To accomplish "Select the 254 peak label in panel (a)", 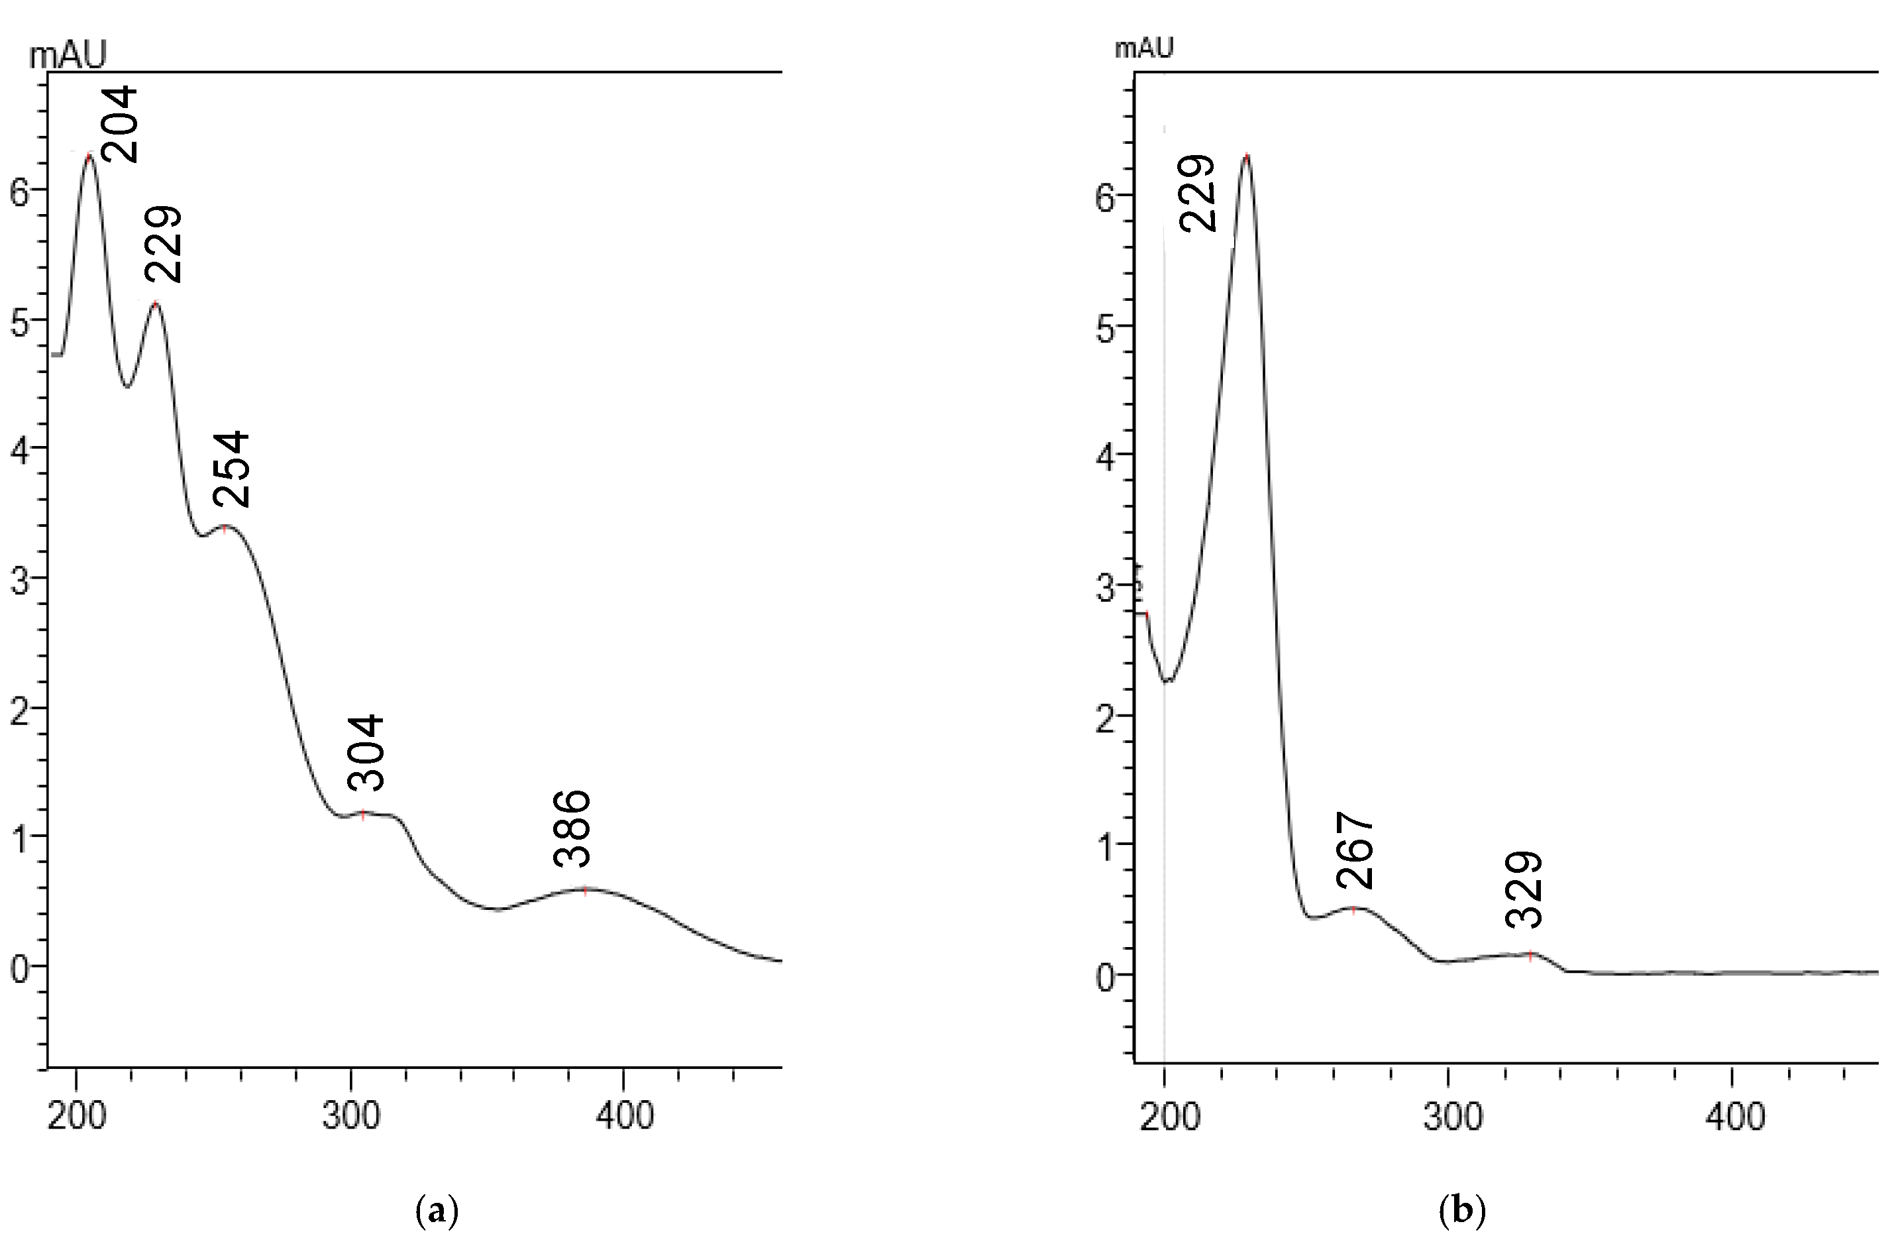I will click(233, 470).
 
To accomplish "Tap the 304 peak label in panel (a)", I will click(367, 752).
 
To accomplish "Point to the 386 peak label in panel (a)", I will click(573, 828).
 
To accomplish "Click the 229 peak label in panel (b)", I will click(1198, 194).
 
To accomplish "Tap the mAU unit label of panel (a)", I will click(68, 56).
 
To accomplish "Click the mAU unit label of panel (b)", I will click(1143, 48).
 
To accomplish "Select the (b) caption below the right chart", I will click(1463, 1211).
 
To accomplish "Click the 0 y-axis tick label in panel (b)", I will click(1104, 978).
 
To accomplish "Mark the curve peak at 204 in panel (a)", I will click(89, 156).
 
